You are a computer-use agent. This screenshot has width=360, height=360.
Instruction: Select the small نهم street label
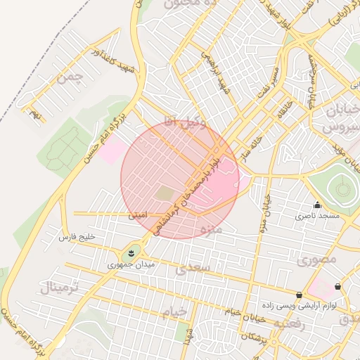(36, 112)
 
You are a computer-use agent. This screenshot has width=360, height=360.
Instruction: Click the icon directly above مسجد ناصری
(317, 205)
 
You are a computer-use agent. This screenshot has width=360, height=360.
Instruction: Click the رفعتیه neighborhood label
(289, 324)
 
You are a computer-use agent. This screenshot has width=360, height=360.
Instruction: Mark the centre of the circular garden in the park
(342, 188)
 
